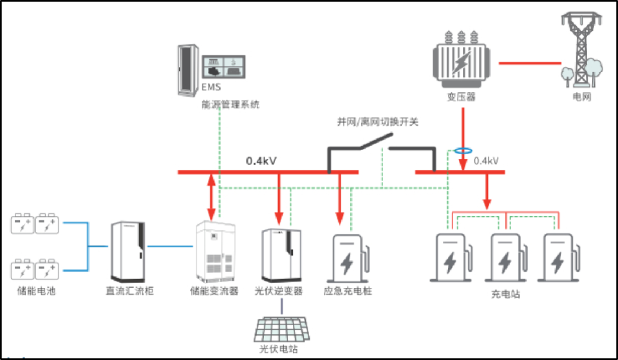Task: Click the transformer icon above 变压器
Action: (462, 61)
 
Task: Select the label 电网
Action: (582, 98)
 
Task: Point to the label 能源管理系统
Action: (230, 104)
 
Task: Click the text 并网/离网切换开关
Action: (378, 121)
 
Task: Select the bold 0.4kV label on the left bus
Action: (261, 161)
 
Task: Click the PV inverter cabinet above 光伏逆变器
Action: (281, 252)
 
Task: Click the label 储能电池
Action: (36, 291)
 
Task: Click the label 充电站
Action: (505, 295)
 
